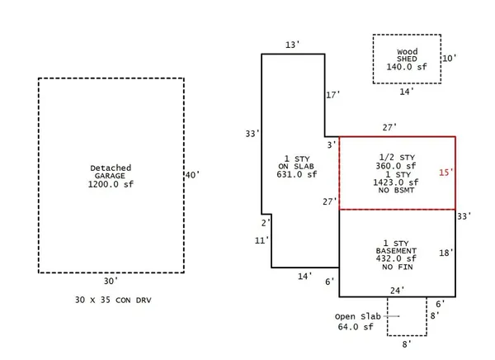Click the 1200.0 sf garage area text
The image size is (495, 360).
point(111,184)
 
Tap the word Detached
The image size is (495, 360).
point(111,168)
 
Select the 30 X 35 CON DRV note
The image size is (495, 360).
point(113,300)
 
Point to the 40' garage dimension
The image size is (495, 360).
point(192,175)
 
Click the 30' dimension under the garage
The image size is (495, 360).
point(111,281)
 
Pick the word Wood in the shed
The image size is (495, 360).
point(408,51)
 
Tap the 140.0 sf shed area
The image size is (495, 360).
point(407,67)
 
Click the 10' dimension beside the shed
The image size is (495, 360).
point(450,58)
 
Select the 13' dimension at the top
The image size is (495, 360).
point(292,45)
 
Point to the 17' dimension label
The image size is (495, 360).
point(333,95)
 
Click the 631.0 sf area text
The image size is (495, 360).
point(297,174)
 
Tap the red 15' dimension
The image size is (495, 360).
point(446,173)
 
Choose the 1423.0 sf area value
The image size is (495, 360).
point(396,182)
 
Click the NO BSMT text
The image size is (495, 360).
point(396,190)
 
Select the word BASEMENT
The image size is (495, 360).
point(396,251)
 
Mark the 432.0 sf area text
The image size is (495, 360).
point(396,258)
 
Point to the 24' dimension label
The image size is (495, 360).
point(397,290)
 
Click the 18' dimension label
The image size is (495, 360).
point(446,253)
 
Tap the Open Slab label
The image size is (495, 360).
point(358,316)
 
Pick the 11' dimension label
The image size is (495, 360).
point(262,240)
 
